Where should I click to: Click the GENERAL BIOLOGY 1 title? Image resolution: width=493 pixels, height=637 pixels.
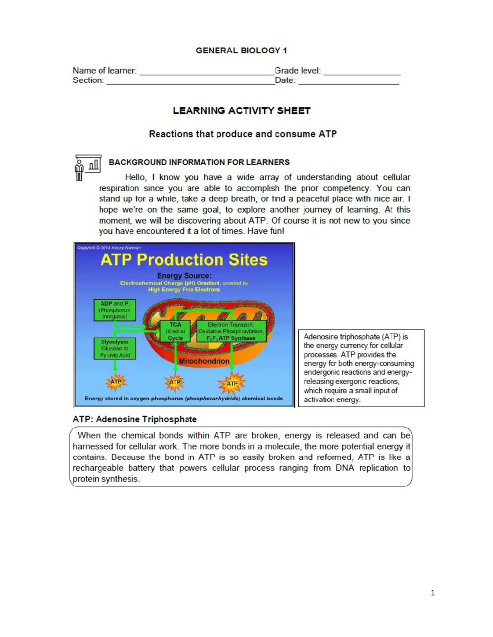(x=241, y=50)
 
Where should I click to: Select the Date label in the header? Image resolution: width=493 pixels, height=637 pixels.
(x=285, y=80)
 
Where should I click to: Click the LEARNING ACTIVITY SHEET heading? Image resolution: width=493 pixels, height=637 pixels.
(x=242, y=111)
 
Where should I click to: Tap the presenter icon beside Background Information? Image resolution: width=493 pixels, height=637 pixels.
(x=88, y=167)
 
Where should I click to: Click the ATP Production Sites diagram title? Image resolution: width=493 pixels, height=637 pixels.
(x=184, y=260)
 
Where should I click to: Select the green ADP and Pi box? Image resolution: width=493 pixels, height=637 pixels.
(x=115, y=310)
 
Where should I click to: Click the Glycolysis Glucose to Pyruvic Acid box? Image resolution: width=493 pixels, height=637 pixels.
(x=115, y=349)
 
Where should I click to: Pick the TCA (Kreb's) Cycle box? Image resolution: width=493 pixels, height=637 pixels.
(x=175, y=331)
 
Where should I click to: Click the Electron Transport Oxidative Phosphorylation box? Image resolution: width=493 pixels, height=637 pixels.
(x=231, y=331)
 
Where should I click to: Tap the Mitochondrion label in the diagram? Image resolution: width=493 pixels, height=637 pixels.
(x=204, y=361)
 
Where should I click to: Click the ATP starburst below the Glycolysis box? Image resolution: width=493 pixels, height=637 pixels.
(x=116, y=382)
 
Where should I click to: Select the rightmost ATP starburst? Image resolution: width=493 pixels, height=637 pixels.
(x=232, y=384)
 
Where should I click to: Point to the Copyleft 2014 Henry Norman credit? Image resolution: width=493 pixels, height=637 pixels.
(x=109, y=248)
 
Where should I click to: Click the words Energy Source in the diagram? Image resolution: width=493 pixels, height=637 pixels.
(x=184, y=276)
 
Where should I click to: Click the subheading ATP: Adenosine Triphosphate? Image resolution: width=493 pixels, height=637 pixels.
(x=134, y=419)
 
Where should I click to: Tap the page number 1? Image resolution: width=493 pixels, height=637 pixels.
(x=433, y=593)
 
